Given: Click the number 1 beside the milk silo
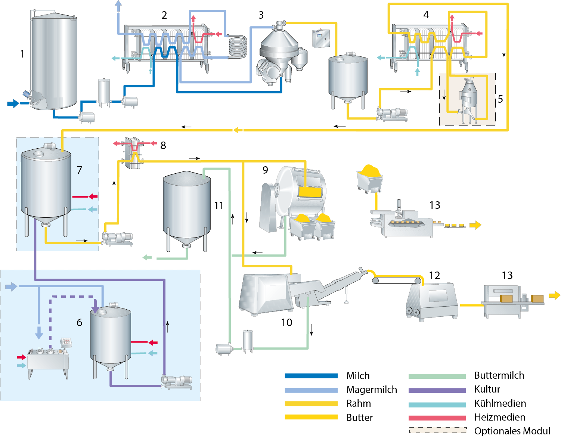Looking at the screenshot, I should [x=22, y=54].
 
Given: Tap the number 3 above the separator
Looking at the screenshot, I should [x=261, y=15].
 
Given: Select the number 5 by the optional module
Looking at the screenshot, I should [x=500, y=99].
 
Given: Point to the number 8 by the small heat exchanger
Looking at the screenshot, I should [x=163, y=146].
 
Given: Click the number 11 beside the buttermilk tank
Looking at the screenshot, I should [x=218, y=206].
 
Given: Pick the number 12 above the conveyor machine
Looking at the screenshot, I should [x=434, y=276].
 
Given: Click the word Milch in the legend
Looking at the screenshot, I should [x=358, y=376].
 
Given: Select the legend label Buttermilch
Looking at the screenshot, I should [x=499, y=375].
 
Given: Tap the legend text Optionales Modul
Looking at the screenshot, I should [x=512, y=431].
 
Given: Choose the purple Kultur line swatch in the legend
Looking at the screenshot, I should [x=437, y=391].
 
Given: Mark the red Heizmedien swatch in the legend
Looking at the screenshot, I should [x=437, y=418].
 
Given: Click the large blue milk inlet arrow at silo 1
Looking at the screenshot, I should [x=13, y=103].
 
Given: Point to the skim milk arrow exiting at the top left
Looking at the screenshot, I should [x=118, y=5].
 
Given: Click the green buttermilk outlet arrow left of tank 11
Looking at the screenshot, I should [x=147, y=257].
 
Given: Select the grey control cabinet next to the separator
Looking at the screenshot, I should [x=321, y=38].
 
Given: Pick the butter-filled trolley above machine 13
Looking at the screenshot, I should [x=370, y=179].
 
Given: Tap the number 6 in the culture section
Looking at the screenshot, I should [x=80, y=323].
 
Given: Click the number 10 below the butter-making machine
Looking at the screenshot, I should [x=286, y=323].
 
